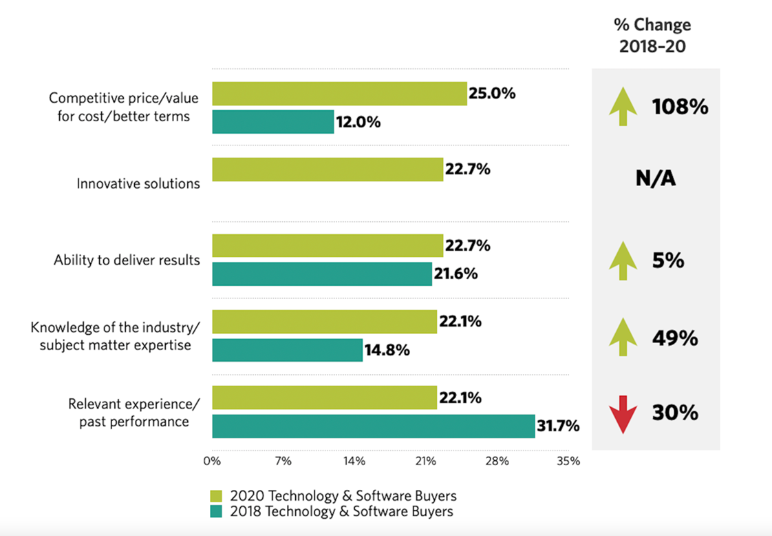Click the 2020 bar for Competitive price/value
[339, 94]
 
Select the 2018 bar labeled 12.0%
[272, 122]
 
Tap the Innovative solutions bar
[328, 169]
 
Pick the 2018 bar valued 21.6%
[322, 274]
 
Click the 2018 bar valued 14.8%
[287, 350]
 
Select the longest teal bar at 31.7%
[373, 426]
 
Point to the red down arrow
[623, 415]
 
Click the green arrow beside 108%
[623, 107]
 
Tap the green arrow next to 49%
[623, 338]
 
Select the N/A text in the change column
[655, 179]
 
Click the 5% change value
[668, 261]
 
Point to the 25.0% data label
[492, 94]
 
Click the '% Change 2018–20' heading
[652, 37]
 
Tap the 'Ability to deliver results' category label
[127, 260]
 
